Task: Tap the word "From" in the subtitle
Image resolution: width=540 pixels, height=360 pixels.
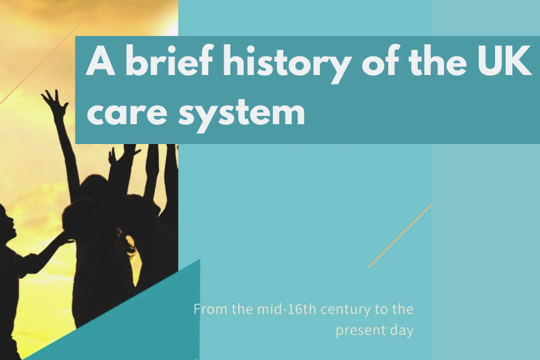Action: pyautogui.click(x=211, y=309)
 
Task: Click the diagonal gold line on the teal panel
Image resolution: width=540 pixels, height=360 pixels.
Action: pyautogui.click(x=400, y=236)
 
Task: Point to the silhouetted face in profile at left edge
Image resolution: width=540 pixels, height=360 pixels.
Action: pyautogui.click(x=8, y=220)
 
